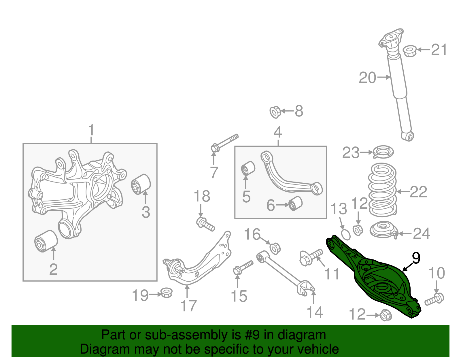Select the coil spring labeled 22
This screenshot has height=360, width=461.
click(383, 190)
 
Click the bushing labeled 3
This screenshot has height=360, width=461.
click(141, 184)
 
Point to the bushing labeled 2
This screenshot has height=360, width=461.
click(46, 241)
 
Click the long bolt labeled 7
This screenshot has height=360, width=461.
click(225, 143)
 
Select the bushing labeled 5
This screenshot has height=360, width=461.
click(248, 168)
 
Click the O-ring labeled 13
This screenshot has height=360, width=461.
click(346, 235)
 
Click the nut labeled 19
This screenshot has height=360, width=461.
click(166, 292)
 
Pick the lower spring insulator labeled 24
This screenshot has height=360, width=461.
click(383, 230)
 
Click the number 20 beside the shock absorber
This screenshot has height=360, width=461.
click(367, 78)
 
